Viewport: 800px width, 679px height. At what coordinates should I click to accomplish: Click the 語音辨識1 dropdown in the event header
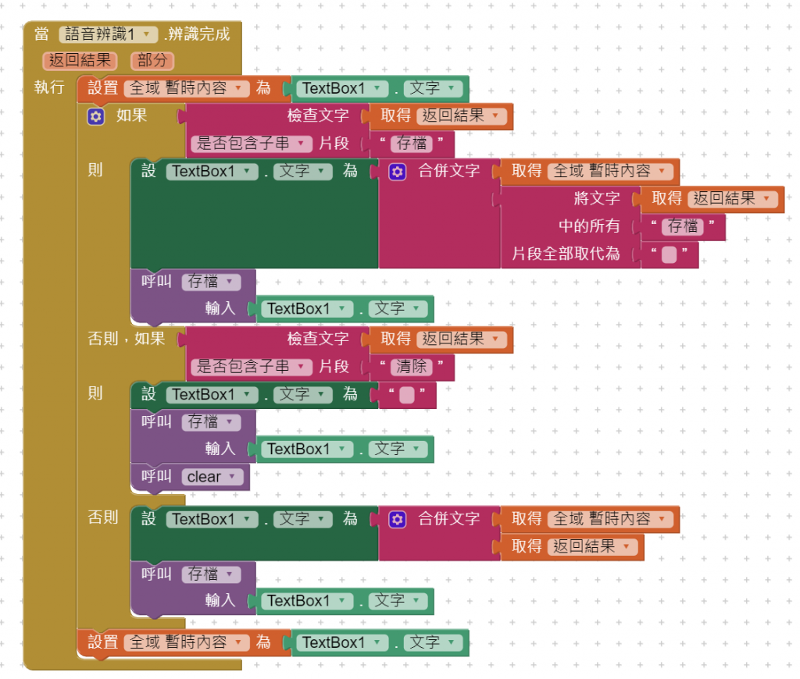[x=109, y=34]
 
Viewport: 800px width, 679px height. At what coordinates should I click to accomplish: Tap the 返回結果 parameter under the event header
[x=80, y=61]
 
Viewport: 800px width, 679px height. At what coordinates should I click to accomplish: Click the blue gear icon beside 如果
[x=95, y=116]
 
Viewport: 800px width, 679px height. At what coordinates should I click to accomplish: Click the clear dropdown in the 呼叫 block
[x=210, y=477]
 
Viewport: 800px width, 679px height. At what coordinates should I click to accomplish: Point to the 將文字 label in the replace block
[x=597, y=199]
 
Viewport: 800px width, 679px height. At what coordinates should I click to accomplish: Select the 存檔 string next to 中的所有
[x=682, y=227]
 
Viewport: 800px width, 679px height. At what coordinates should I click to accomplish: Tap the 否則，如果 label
[x=127, y=338]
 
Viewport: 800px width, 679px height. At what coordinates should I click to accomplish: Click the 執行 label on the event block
[x=49, y=87]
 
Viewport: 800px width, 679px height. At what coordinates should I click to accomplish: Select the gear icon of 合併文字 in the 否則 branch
[x=397, y=519]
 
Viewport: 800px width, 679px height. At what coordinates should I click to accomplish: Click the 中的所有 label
[x=589, y=226]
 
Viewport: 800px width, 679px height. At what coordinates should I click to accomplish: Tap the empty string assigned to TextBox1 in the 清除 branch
[x=407, y=395]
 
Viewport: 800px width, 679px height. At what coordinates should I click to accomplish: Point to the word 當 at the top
[x=41, y=34]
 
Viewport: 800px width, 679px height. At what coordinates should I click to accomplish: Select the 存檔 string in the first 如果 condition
[x=412, y=144]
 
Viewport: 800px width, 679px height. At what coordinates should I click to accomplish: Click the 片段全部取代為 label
[x=566, y=254]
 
